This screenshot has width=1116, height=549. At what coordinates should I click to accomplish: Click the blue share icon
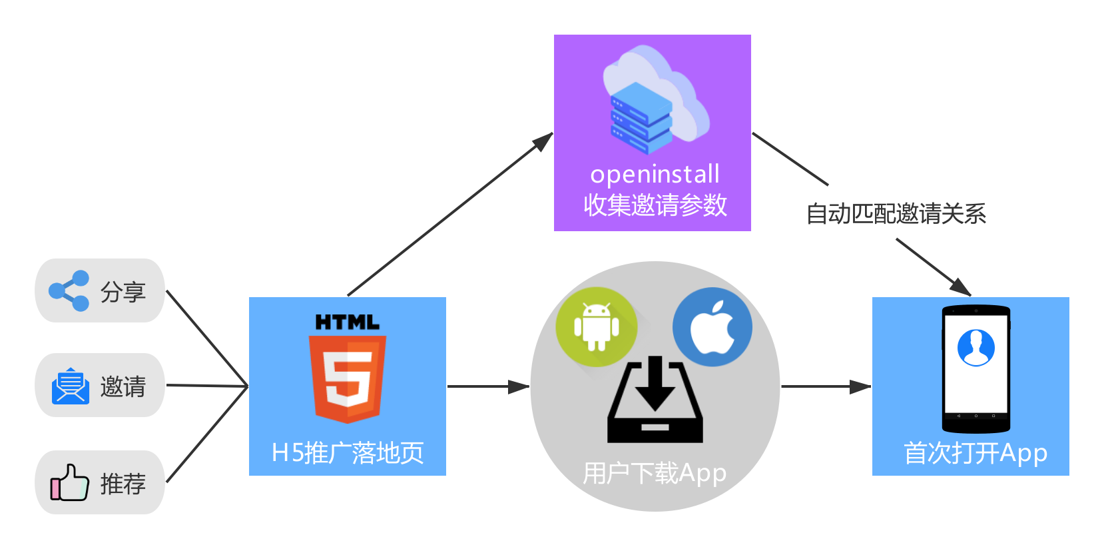[69, 291]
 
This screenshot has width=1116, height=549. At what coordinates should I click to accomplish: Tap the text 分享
[123, 292]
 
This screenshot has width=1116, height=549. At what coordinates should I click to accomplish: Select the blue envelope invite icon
[70, 386]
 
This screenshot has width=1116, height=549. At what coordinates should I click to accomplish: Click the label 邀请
[123, 387]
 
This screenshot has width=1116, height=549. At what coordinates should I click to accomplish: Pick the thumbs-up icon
[69, 482]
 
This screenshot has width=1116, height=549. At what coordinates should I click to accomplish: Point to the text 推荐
[123, 484]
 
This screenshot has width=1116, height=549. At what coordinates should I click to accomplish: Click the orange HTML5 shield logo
[348, 378]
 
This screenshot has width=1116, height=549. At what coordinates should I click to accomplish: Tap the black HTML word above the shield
[348, 322]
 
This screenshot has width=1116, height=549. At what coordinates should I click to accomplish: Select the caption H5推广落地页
[348, 453]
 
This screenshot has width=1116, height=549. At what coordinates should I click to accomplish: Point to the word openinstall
[655, 175]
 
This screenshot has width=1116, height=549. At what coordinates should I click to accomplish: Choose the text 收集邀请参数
[655, 205]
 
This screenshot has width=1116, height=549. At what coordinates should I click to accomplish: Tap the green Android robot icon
[596, 326]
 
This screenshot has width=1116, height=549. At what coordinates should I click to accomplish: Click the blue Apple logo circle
[712, 326]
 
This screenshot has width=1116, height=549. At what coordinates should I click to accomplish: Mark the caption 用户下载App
[655, 474]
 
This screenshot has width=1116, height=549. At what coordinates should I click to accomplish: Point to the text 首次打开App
[975, 453]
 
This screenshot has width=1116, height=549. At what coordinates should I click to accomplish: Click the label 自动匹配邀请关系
[896, 214]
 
